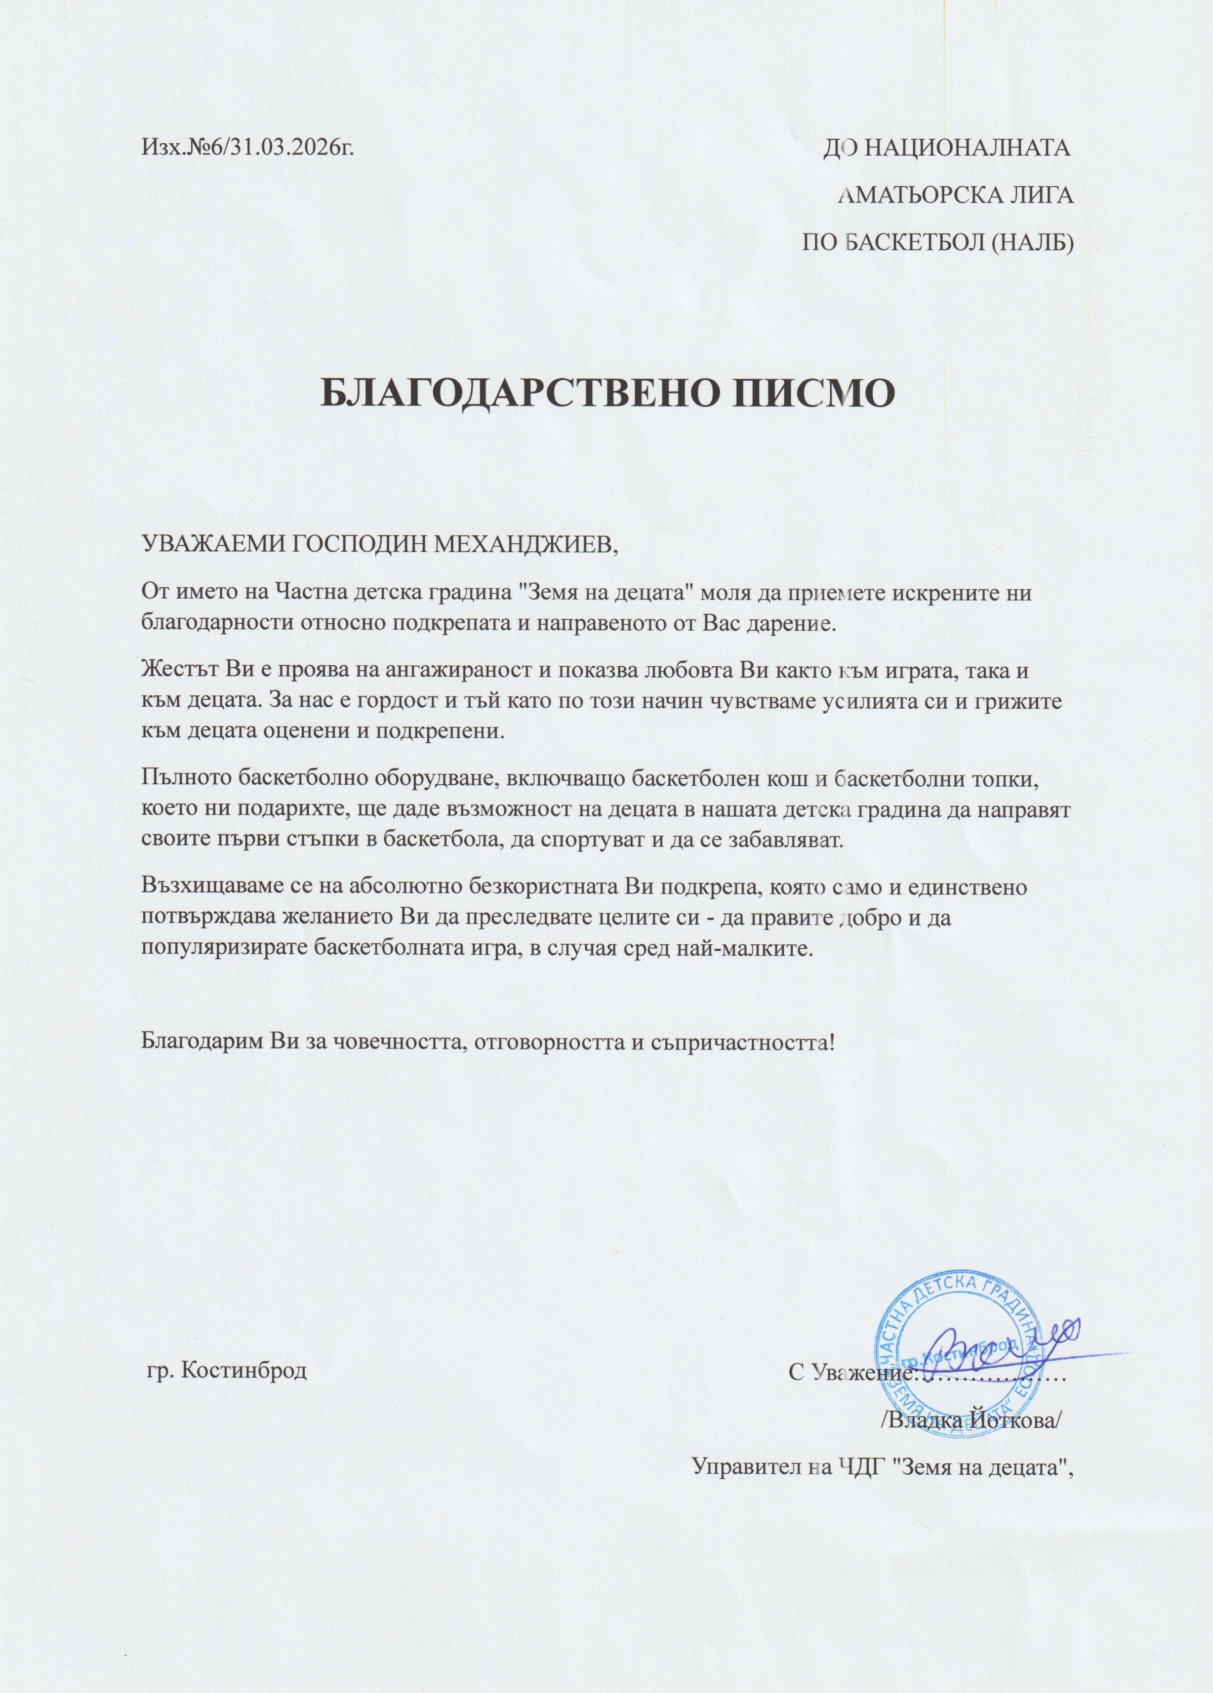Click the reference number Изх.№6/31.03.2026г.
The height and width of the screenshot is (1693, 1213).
pos(246,148)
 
